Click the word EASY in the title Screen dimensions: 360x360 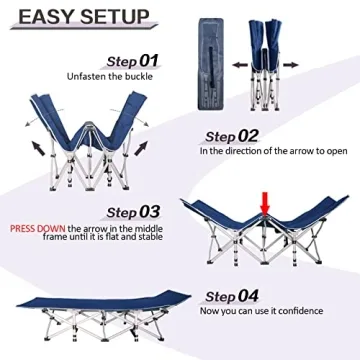point(48,17)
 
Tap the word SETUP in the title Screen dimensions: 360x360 point(116,17)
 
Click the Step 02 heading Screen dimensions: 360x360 point(233,135)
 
